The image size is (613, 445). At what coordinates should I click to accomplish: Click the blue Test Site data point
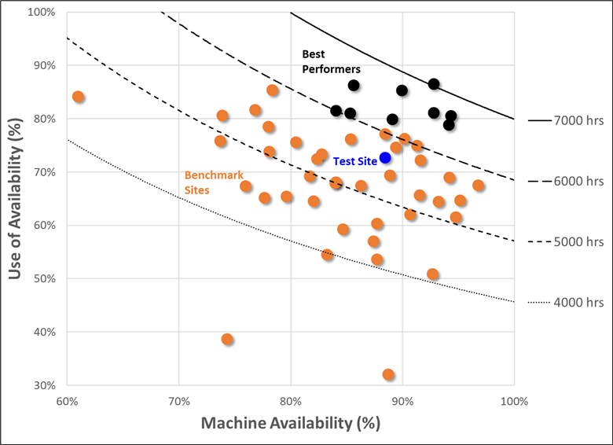pos(385,158)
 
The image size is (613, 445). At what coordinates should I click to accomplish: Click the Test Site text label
pos(354,160)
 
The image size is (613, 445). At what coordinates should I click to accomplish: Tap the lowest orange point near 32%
pos(388,375)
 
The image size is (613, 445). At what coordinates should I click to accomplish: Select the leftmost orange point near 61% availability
pos(79,97)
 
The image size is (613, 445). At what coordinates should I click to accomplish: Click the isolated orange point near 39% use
pos(227,340)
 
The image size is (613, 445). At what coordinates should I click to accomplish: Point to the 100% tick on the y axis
pos(40,13)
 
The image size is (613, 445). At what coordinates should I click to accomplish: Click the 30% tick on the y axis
pos(43,385)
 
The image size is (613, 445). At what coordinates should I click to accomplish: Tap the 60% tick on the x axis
pos(67,400)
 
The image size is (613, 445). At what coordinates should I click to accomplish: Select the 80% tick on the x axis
pos(291,400)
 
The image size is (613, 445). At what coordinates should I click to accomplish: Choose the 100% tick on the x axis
pos(514,400)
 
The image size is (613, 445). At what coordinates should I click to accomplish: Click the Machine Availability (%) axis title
pos(291,423)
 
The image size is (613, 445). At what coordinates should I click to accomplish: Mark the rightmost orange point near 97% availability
pos(478,186)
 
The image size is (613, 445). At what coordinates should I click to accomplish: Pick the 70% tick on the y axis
pos(43,172)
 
